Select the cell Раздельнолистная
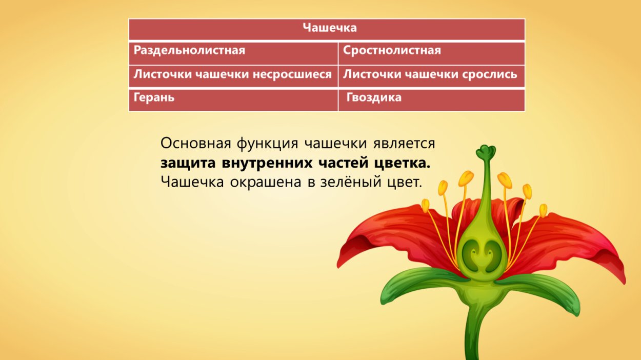point(189,51)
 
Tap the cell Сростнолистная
point(392,51)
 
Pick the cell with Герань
point(154,97)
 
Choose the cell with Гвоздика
point(374,97)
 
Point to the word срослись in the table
point(492,74)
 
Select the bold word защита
point(188,164)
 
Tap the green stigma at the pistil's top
point(485,152)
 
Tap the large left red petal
point(390,231)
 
